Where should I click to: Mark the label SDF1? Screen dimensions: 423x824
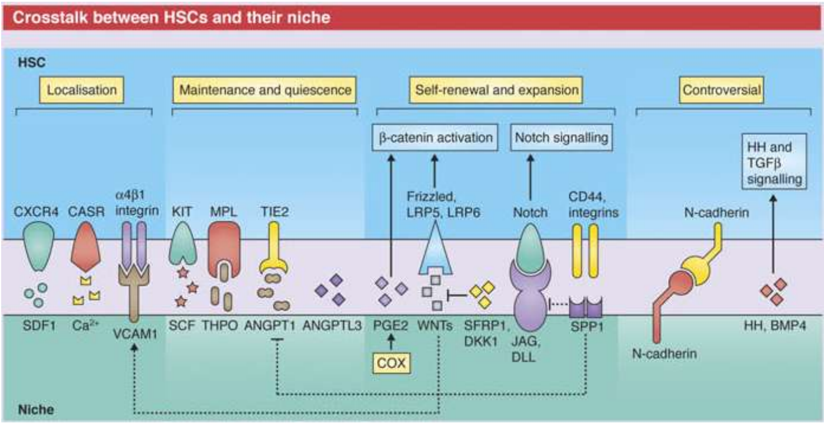pos(39,325)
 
